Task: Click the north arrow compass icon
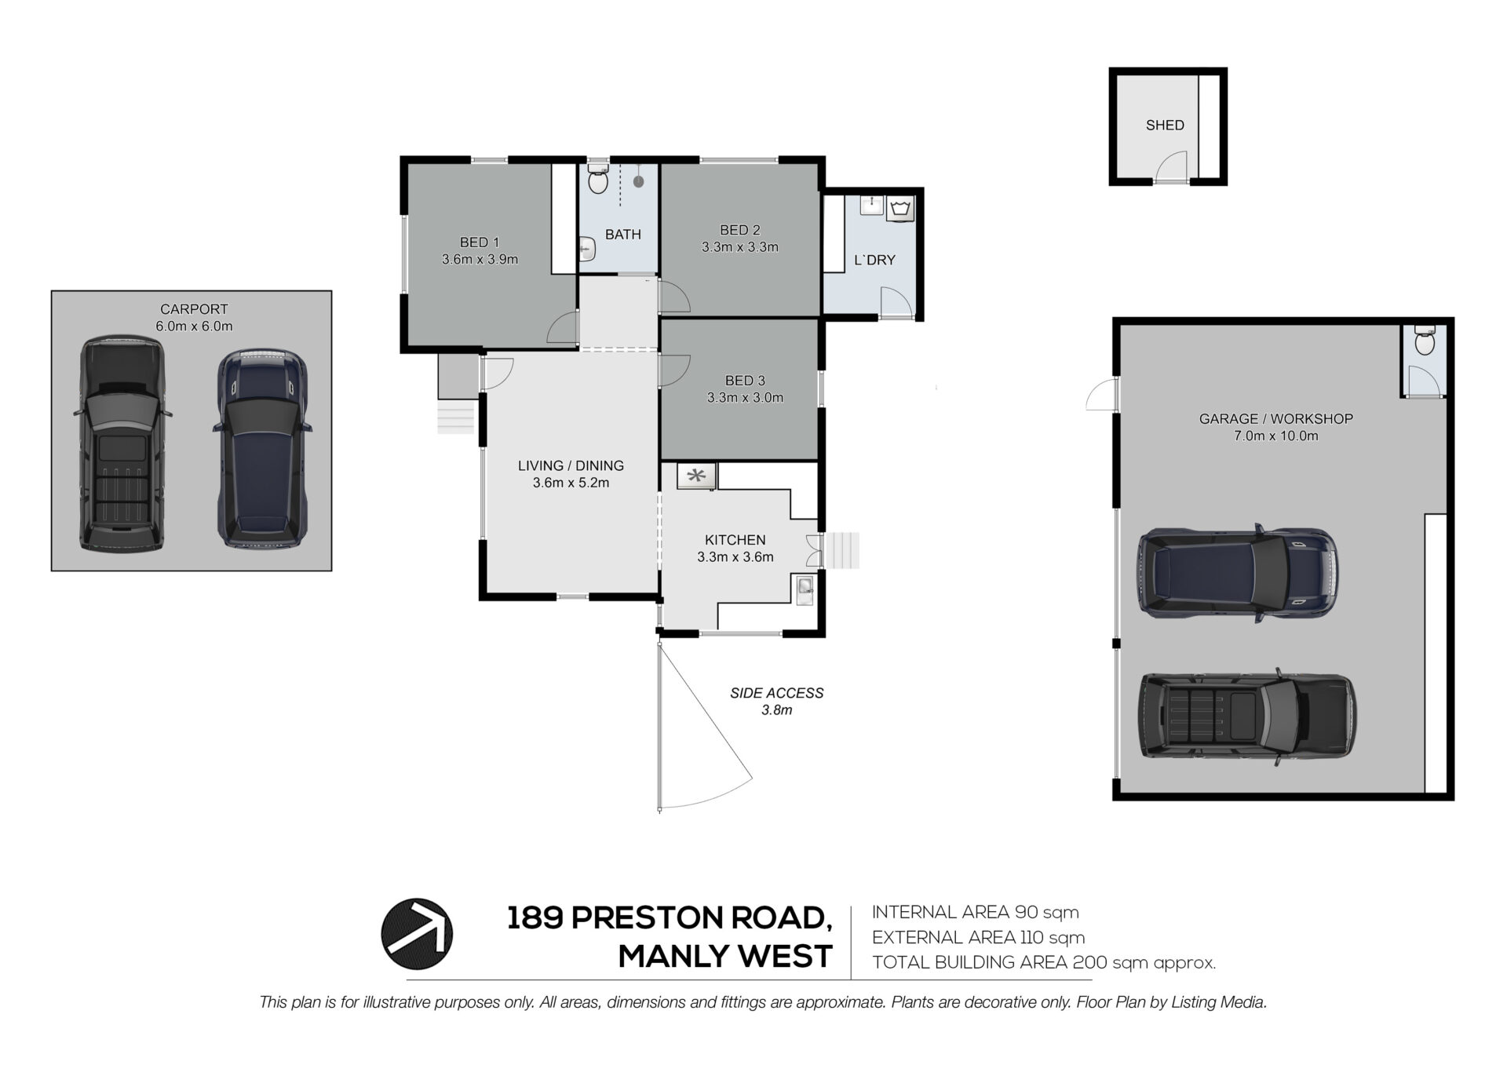click(417, 934)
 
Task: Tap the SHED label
click(1165, 126)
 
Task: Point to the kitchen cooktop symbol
click(696, 476)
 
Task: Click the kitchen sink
click(805, 589)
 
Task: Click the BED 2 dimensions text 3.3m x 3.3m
click(740, 247)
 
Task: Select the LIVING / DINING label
click(571, 466)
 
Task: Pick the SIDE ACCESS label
click(777, 693)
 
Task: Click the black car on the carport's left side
click(123, 443)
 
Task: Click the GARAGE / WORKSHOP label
click(1276, 419)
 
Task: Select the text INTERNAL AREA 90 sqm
click(976, 912)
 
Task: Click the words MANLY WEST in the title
click(725, 957)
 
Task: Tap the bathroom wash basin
click(587, 249)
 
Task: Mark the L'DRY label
click(874, 261)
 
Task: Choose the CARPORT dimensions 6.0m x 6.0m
click(194, 326)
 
